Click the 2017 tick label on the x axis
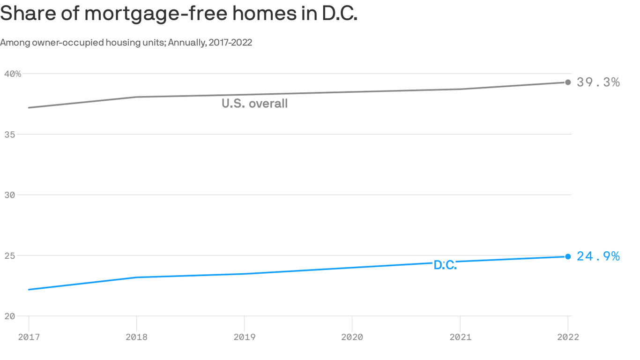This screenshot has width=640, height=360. (x=29, y=337)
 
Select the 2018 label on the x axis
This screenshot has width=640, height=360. (x=136, y=337)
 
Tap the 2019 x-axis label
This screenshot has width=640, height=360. (x=244, y=337)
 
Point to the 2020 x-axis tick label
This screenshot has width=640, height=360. (x=352, y=337)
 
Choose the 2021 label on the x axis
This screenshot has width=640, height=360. (x=460, y=337)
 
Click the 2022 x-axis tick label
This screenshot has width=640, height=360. (x=568, y=337)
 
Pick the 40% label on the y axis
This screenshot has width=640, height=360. (x=13, y=74)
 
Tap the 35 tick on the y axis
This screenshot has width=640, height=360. (x=9, y=135)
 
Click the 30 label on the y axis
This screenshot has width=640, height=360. (x=9, y=195)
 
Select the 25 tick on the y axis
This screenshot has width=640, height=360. (x=9, y=256)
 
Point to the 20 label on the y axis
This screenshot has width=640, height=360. (x=9, y=316)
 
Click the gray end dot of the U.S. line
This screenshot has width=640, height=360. (x=568, y=82)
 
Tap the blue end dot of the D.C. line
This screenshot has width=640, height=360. (x=568, y=256)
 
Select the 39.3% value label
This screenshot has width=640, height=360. (x=598, y=82)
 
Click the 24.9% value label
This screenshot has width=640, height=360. (x=598, y=256)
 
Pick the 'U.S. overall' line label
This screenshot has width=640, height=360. (x=254, y=104)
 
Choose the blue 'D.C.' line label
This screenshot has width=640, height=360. (x=445, y=265)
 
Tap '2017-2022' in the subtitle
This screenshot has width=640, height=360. (x=231, y=43)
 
